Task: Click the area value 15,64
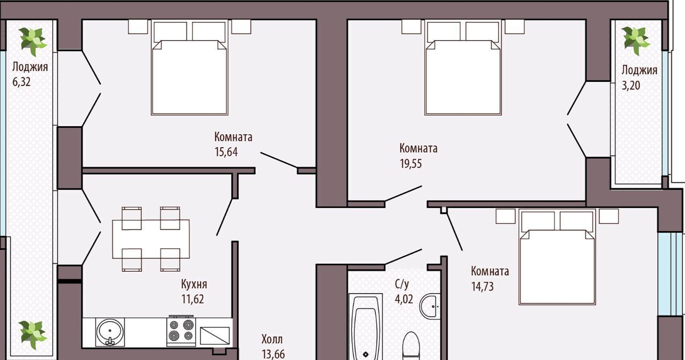(226, 152)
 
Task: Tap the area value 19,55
(410, 164)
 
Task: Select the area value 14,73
(482, 287)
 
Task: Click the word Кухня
(194, 284)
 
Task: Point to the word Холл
(272, 339)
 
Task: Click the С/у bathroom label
(402, 284)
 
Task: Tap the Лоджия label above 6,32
(30, 67)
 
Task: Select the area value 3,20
(630, 85)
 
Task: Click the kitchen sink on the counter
(110, 332)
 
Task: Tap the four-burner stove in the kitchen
(181, 331)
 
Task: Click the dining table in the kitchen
(151, 239)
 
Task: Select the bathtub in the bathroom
(366, 327)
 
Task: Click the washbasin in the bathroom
(430, 307)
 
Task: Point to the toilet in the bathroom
(410, 346)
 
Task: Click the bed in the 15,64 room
(189, 67)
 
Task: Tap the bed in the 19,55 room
(463, 67)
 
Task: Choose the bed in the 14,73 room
(557, 257)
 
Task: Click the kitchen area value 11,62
(193, 299)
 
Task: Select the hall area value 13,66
(273, 354)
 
